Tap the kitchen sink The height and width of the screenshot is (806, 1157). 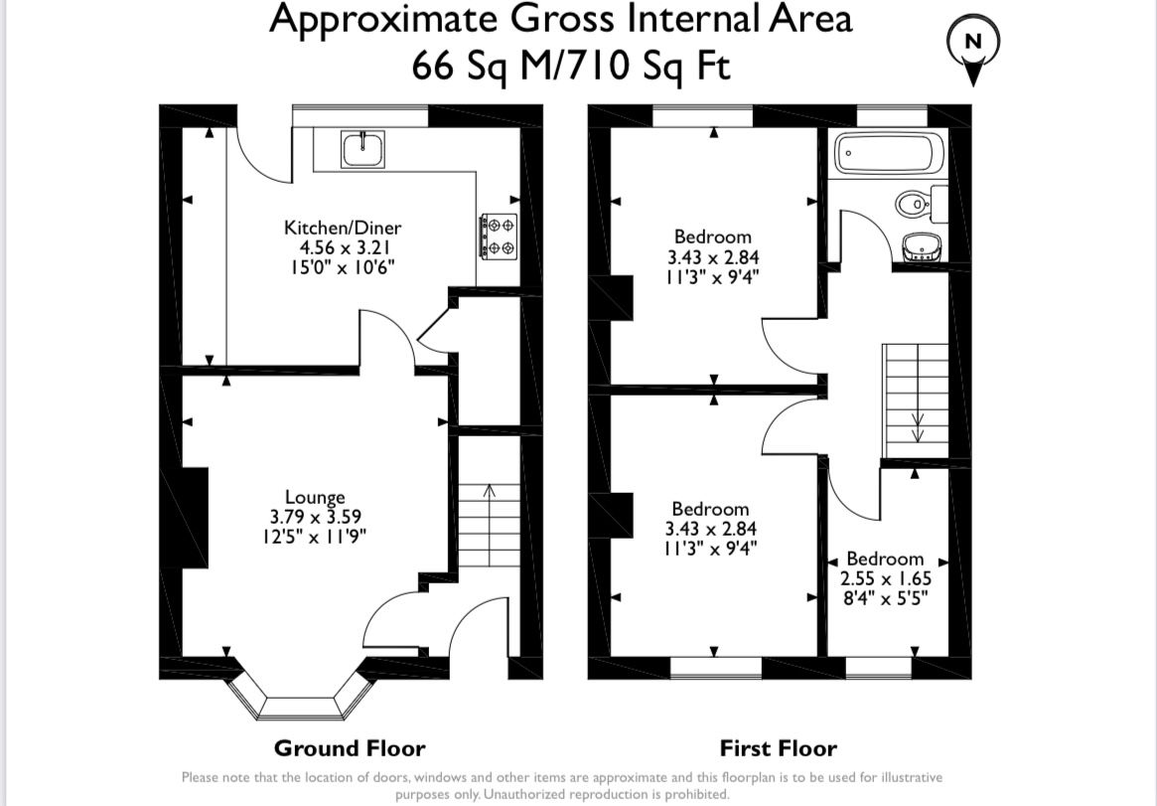click(x=363, y=150)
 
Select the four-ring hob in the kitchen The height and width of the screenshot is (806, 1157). click(x=499, y=236)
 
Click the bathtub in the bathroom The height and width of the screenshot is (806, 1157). click(x=885, y=154)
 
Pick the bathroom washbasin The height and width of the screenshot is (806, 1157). click(x=922, y=244)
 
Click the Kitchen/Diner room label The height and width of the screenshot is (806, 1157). click(x=343, y=228)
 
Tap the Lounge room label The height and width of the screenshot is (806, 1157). click(x=315, y=497)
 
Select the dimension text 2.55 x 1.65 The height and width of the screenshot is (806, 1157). click(x=884, y=578)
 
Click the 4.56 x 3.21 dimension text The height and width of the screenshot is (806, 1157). click(x=343, y=247)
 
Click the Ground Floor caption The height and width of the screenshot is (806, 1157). click(x=350, y=748)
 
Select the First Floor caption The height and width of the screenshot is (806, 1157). click(x=778, y=748)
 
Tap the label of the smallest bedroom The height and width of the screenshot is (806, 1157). click(x=884, y=559)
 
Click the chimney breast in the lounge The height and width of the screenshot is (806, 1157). click(x=194, y=517)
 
